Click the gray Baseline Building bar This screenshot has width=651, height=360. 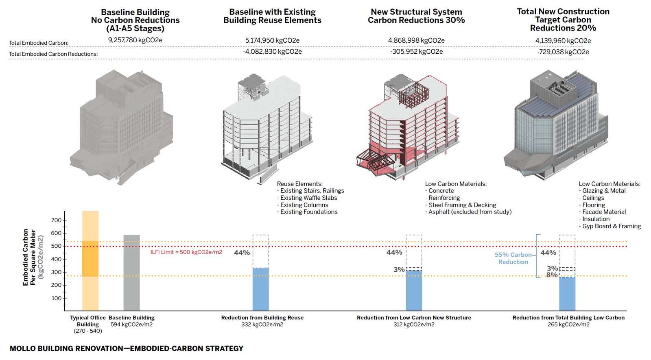pyautogui.click(x=131, y=273)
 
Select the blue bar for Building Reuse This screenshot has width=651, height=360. pyautogui.click(x=260, y=289)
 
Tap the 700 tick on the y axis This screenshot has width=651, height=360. pyautogui.click(x=57, y=220)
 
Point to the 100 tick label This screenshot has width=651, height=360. pyautogui.click(x=57, y=298)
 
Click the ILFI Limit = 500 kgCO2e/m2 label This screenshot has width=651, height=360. pyautogui.click(x=186, y=252)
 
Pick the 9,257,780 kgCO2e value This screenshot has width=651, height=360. pyautogui.click(x=135, y=40)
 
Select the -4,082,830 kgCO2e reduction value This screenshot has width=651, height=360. pyautogui.click(x=272, y=52)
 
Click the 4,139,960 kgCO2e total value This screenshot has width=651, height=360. pyautogui.click(x=563, y=41)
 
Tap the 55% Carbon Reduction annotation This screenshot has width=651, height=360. pyautogui.click(x=513, y=258)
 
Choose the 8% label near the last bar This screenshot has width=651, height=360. pyautogui.click(x=551, y=275)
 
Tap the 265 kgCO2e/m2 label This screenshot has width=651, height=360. pyautogui.click(x=568, y=325)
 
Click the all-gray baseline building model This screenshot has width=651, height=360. pyautogui.click(x=122, y=126)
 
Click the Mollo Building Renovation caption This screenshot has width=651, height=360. pyautogui.click(x=126, y=349)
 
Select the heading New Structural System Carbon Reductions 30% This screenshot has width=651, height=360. pyautogui.click(x=416, y=16)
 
